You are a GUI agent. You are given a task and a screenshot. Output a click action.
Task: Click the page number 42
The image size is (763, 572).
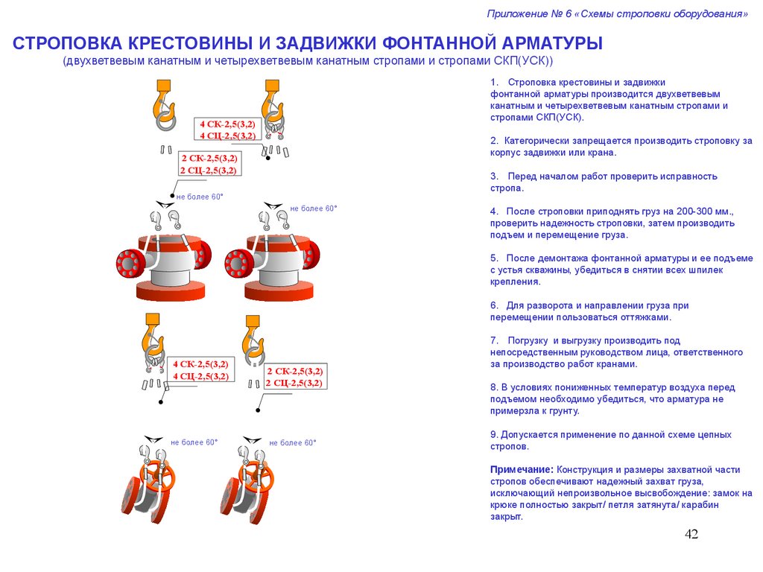point(691,535)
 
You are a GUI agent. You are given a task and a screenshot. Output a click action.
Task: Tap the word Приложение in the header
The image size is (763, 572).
point(517,13)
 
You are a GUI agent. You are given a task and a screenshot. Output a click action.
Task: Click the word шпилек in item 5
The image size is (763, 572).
point(708,270)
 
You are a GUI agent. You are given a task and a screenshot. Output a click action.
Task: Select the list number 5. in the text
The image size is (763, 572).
point(494,258)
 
